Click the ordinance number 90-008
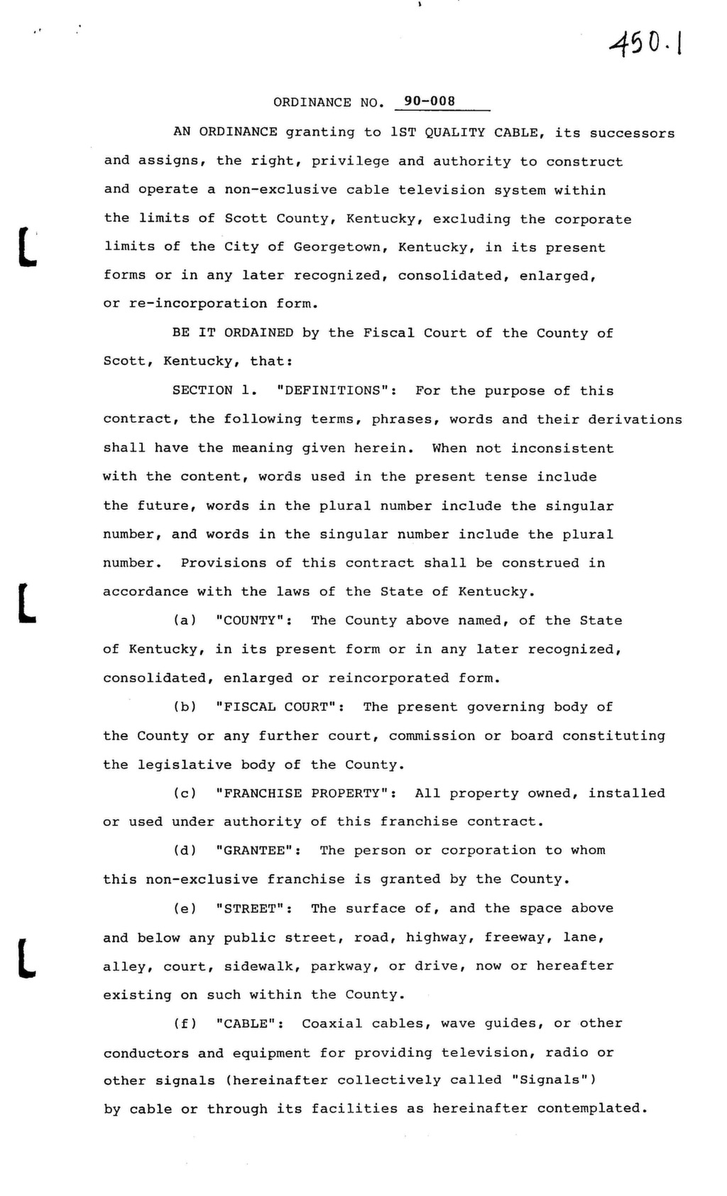point(430,102)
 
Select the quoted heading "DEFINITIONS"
point(336,391)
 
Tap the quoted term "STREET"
point(253,908)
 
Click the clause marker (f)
point(185,1023)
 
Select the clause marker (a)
point(185,621)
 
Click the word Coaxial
point(332,1023)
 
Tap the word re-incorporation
point(198,304)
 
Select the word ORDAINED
point(258,333)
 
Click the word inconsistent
point(562,449)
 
